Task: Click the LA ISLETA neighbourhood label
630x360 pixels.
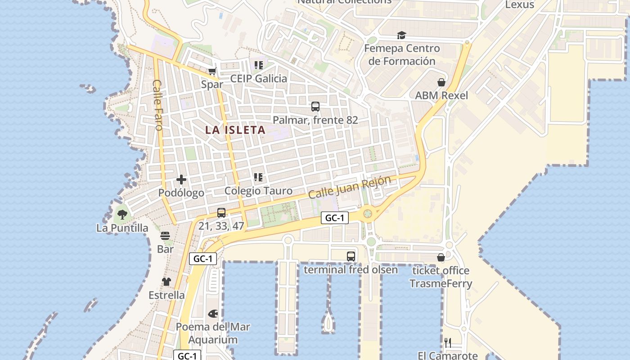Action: tap(235, 130)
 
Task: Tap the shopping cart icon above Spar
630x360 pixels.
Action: tap(212, 71)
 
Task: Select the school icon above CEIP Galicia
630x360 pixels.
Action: tap(258, 65)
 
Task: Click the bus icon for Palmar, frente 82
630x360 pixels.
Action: tap(315, 107)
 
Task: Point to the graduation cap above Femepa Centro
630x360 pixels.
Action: tap(401, 35)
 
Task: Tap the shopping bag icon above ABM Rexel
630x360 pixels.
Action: tap(441, 82)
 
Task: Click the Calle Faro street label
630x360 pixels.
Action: tap(157, 105)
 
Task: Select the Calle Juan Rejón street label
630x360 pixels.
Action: tap(350, 187)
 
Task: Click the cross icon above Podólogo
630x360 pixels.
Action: tap(181, 180)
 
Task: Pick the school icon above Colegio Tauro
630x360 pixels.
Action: tap(258, 177)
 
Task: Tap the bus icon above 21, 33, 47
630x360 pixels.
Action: tap(221, 213)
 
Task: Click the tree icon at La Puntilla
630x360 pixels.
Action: tap(122, 214)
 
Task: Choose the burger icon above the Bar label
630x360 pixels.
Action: tap(165, 236)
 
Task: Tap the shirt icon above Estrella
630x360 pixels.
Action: tap(166, 282)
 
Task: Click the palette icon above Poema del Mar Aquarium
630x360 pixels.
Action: tap(213, 313)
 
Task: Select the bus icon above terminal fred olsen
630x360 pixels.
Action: tap(351, 256)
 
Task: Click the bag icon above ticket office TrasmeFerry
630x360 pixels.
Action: tap(441, 257)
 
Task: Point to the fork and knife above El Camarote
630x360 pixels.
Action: tap(447, 343)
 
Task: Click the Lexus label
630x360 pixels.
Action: tap(519, 5)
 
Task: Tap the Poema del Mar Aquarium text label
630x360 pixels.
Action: tap(213, 333)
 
